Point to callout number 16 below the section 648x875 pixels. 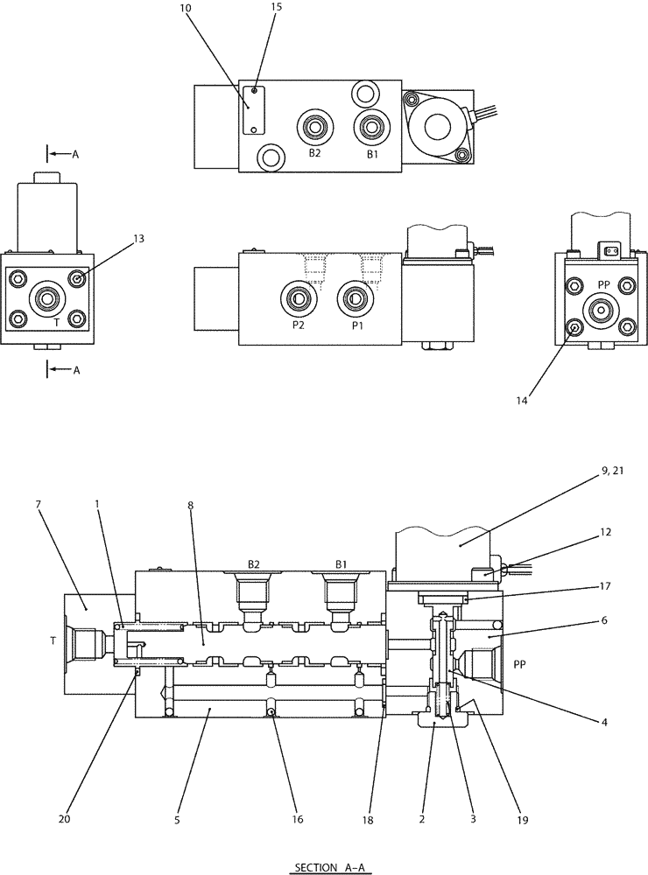point(298,820)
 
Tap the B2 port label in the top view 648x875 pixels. point(314,153)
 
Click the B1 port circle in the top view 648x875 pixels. point(372,129)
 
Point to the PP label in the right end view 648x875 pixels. point(603,284)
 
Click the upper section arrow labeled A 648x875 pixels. point(64,154)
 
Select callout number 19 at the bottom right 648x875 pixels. point(522,820)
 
